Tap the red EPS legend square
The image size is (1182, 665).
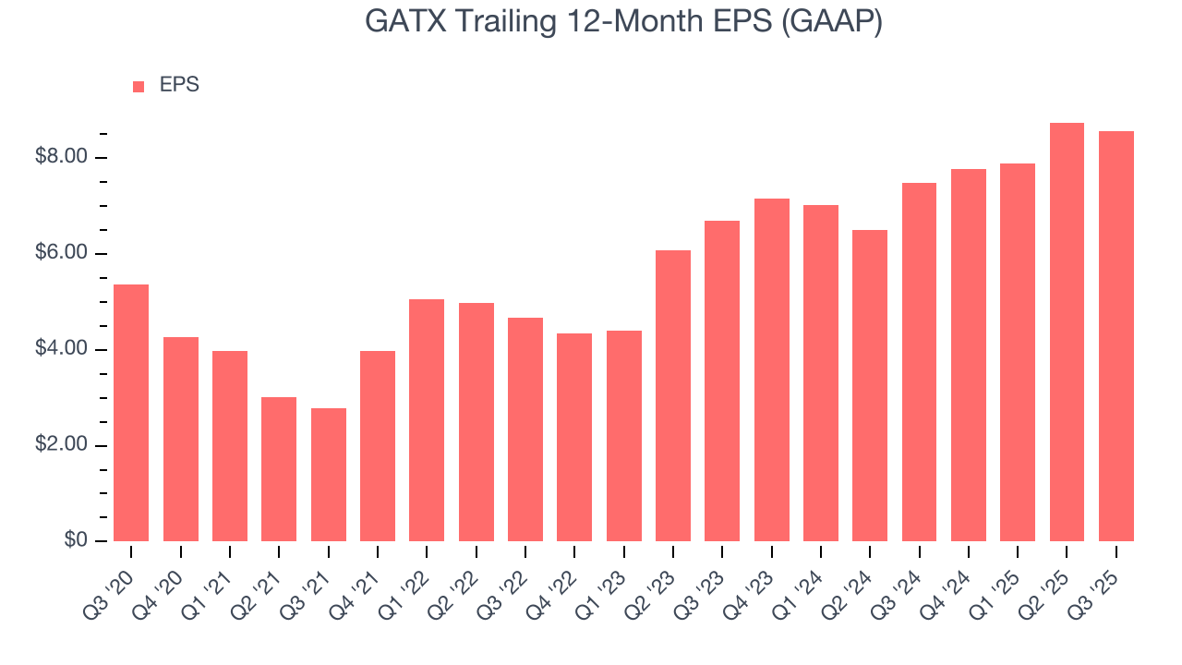tap(139, 86)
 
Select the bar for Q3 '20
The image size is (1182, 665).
tap(131, 413)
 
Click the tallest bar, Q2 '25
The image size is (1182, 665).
tap(1067, 332)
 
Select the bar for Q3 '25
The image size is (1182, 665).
tap(1116, 336)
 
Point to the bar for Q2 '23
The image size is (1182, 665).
tap(673, 395)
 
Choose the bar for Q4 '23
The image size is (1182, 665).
tap(771, 369)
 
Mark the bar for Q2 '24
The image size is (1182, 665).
tap(870, 385)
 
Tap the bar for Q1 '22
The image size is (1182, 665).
tap(427, 420)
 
